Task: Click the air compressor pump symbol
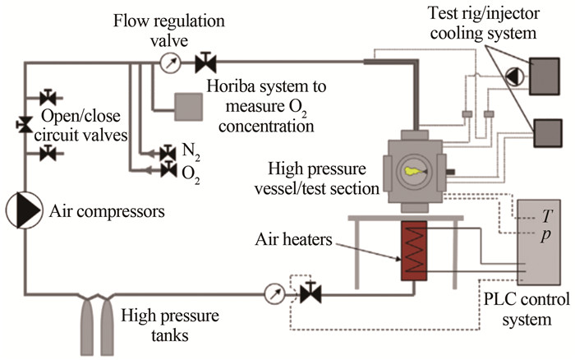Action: click(x=24, y=211)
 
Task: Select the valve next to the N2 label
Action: click(x=168, y=152)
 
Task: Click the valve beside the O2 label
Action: click(x=168, y=169)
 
